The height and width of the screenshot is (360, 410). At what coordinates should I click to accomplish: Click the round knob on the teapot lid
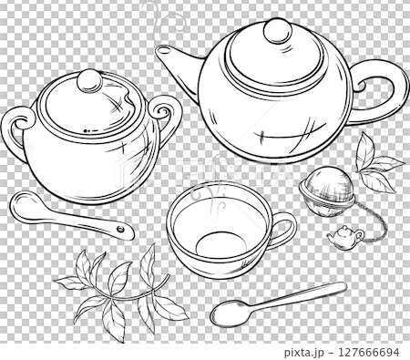point(276,32)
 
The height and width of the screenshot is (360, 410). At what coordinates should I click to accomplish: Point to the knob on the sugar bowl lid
point(89,81)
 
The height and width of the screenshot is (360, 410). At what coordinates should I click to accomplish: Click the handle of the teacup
point(285,229)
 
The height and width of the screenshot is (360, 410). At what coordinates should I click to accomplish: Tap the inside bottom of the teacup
point(220,242)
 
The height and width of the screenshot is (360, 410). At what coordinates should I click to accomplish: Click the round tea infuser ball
point(326,192)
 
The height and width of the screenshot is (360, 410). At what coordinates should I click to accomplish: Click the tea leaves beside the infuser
point(375,164)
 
